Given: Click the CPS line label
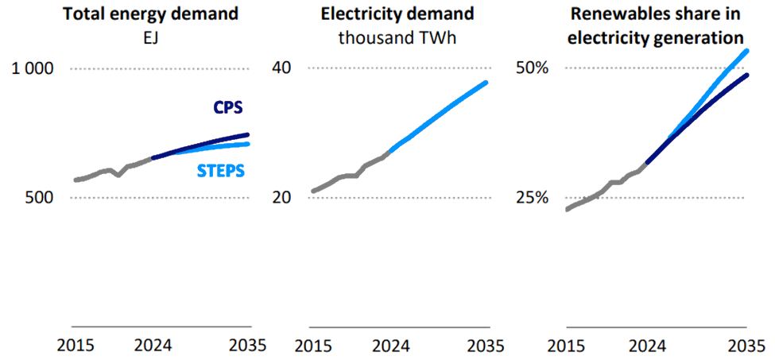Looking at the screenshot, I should pyautogui.click(x=227, y=108).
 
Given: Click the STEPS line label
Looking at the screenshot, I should pyautogui.click(x=220, y=171).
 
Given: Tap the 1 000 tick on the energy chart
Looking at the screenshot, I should pyautogui.click(x=32, y=69).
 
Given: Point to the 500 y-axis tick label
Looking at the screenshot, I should pyautogui.click(x=37, y=197).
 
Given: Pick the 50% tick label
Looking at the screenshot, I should pyautogui.click(x=532, y=69).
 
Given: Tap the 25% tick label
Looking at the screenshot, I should pyautogui.click(x=532, y=197).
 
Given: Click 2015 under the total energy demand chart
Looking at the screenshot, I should pyautogui.click(x=75, y=346).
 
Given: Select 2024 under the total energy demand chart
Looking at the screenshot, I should pyautogui.click(x=153, y=346).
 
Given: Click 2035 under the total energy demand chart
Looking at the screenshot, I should pyautogui.click(x=247, y=346).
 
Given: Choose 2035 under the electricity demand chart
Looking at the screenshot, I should pyautogui.click(x=485, y=346).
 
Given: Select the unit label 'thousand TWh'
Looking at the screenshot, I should pyautogui.click(x=398, y=37).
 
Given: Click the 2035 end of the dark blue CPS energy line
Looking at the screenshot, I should pyautogui.click(x=249, y=134).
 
